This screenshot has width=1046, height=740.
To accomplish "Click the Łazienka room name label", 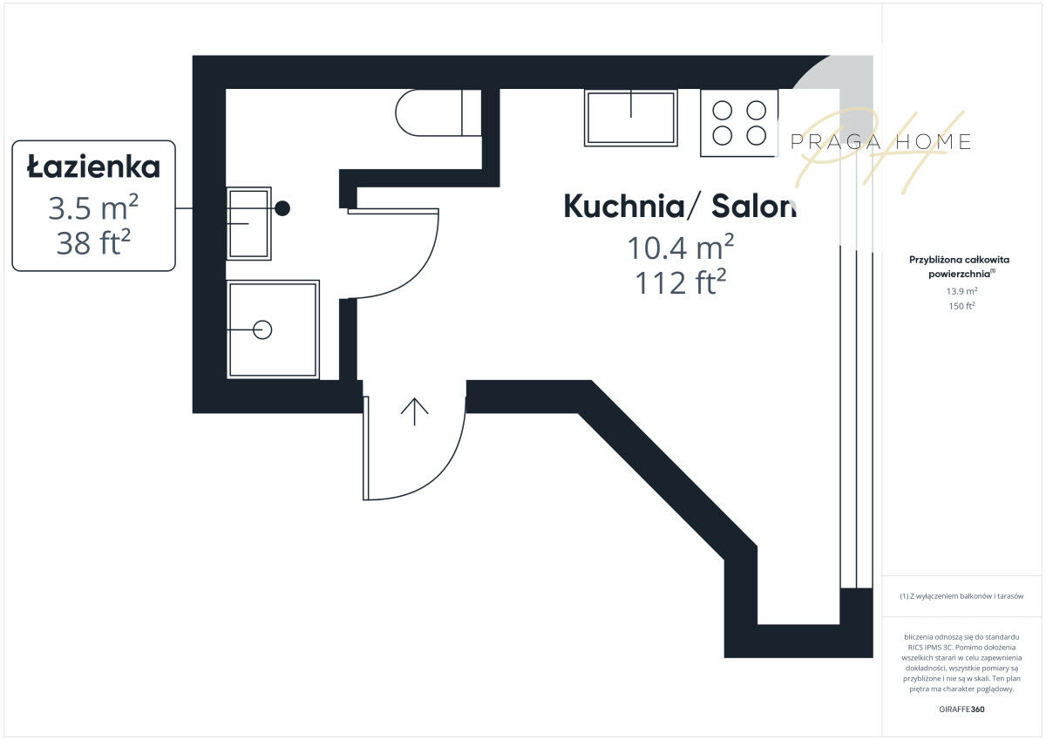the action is (x=93, y=167).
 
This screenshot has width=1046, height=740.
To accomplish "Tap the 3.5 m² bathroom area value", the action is (x=93, y=207).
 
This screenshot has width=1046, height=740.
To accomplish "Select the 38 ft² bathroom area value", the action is (x=93, y=241).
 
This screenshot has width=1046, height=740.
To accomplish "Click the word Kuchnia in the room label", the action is (x=624, y=206).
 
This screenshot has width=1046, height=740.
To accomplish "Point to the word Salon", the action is (x=754, y=206).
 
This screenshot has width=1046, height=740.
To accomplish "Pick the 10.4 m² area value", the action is (x=681, y=247).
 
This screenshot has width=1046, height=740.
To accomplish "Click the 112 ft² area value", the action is (x=681, y=282).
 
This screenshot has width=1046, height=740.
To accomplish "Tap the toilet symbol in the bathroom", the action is (x=438, y=112).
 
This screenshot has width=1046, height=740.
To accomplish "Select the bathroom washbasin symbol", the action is (x=249, y=223).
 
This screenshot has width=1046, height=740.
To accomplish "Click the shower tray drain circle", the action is (x=262, y=329).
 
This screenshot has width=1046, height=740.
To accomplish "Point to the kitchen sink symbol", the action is (x=630, y=118).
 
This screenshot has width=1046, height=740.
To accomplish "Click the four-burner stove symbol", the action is (x=739, y=123).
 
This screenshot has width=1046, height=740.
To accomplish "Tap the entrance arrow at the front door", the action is (x=414, y=411).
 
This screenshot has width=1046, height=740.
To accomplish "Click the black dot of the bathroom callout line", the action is (x=282, y=208).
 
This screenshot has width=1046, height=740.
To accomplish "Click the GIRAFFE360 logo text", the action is (x=961, y=709).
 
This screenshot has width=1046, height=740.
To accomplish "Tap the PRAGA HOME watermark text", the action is (x=880, y=142).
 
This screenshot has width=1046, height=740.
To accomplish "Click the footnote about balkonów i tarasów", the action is (x=961, y=595).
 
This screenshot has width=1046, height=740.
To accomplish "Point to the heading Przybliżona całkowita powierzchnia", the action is (x=959, y=266).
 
